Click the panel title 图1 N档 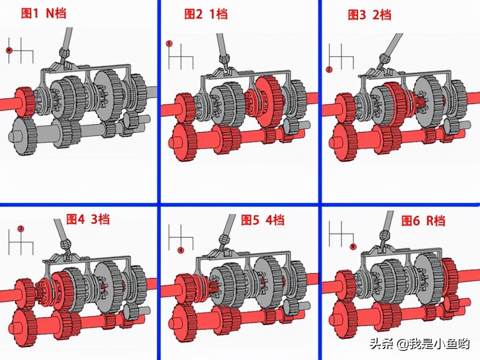[x=44, y=13]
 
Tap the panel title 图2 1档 [x=206, y=14]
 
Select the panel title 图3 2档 [x=370, y=15]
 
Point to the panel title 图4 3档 [x=88, y=219]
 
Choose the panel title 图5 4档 [x=263, y=220]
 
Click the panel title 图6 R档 [x=423, y=220]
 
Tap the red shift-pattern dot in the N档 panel [x=9, y=50]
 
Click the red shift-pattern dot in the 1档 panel [x=169, y=44]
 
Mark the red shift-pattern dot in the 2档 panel [x=329, y=70]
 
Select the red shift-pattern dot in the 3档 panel [x=21, y=228]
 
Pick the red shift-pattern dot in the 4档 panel [x=181, y=251]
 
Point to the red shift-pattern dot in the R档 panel [x=353, y=246]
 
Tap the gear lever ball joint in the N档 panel [x=64, y=53]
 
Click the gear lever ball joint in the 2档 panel [x=384, y=59]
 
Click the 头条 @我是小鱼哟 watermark [x=420, y=344]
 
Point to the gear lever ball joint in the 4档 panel [x=224, y=239]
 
